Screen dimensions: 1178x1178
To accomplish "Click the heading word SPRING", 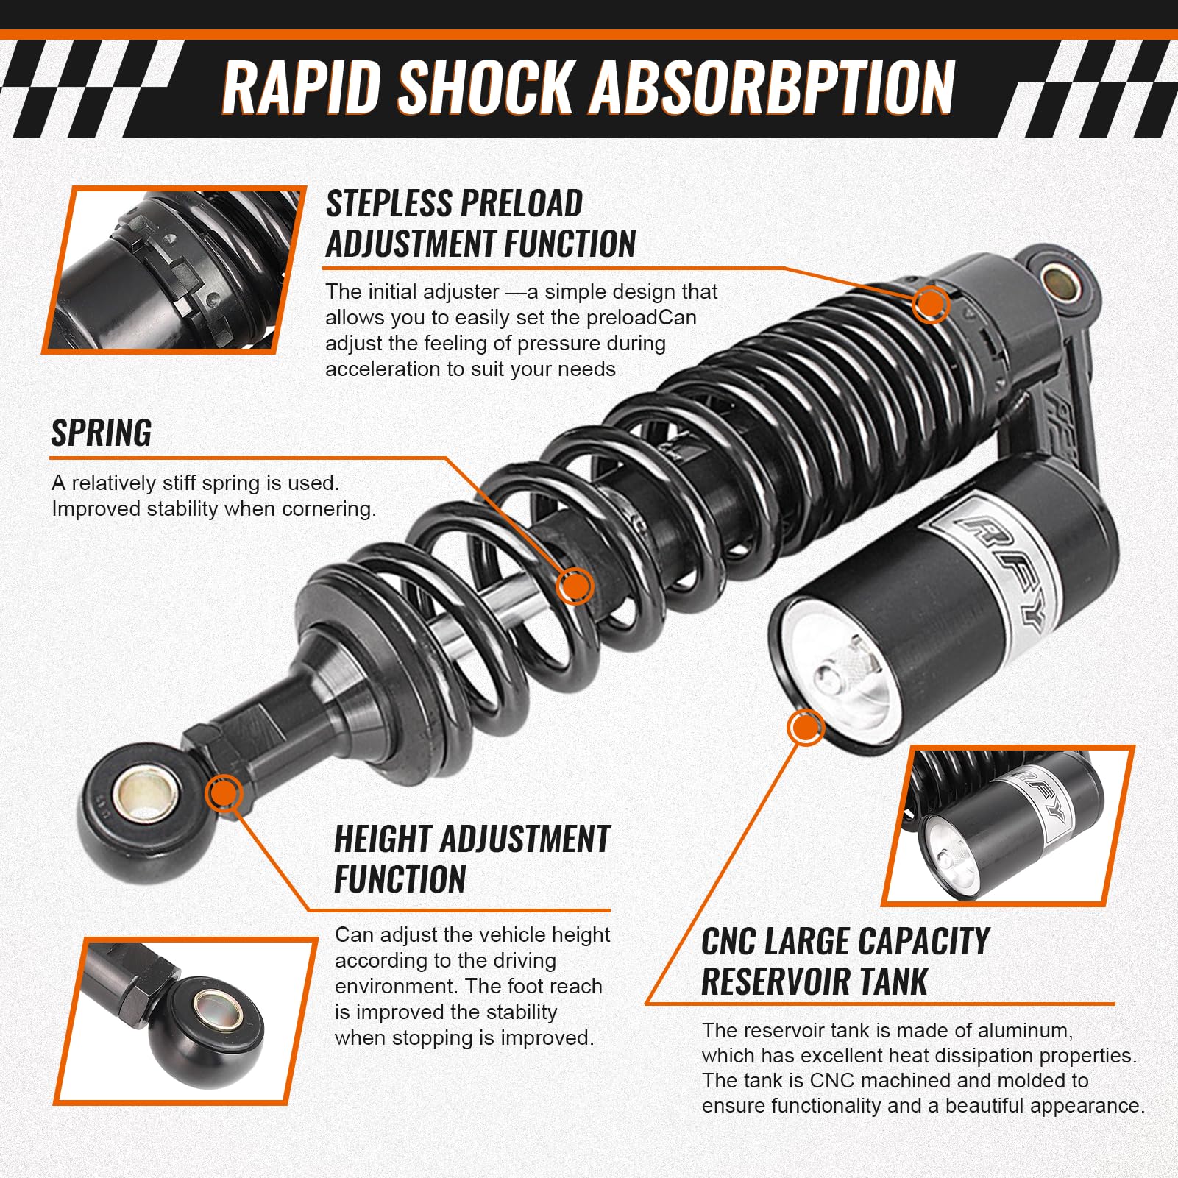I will pyautogui.click(x=102, y=433).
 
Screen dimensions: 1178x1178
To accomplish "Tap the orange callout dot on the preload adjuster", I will pyautogui.click(x=931, y=303).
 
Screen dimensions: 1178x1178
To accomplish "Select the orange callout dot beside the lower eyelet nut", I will pyautogui.click(x=224, y=794).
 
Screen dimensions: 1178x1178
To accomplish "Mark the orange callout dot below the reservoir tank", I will pyautogui.click(x=805, y=728).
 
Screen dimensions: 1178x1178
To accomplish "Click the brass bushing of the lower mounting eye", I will pyautogui.click(x=146, y=795).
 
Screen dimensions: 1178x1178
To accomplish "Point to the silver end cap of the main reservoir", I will pyautogui.click(x=839, y=670).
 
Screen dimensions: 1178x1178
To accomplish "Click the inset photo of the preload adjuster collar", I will pyautogui.click(x=175, y=269).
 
